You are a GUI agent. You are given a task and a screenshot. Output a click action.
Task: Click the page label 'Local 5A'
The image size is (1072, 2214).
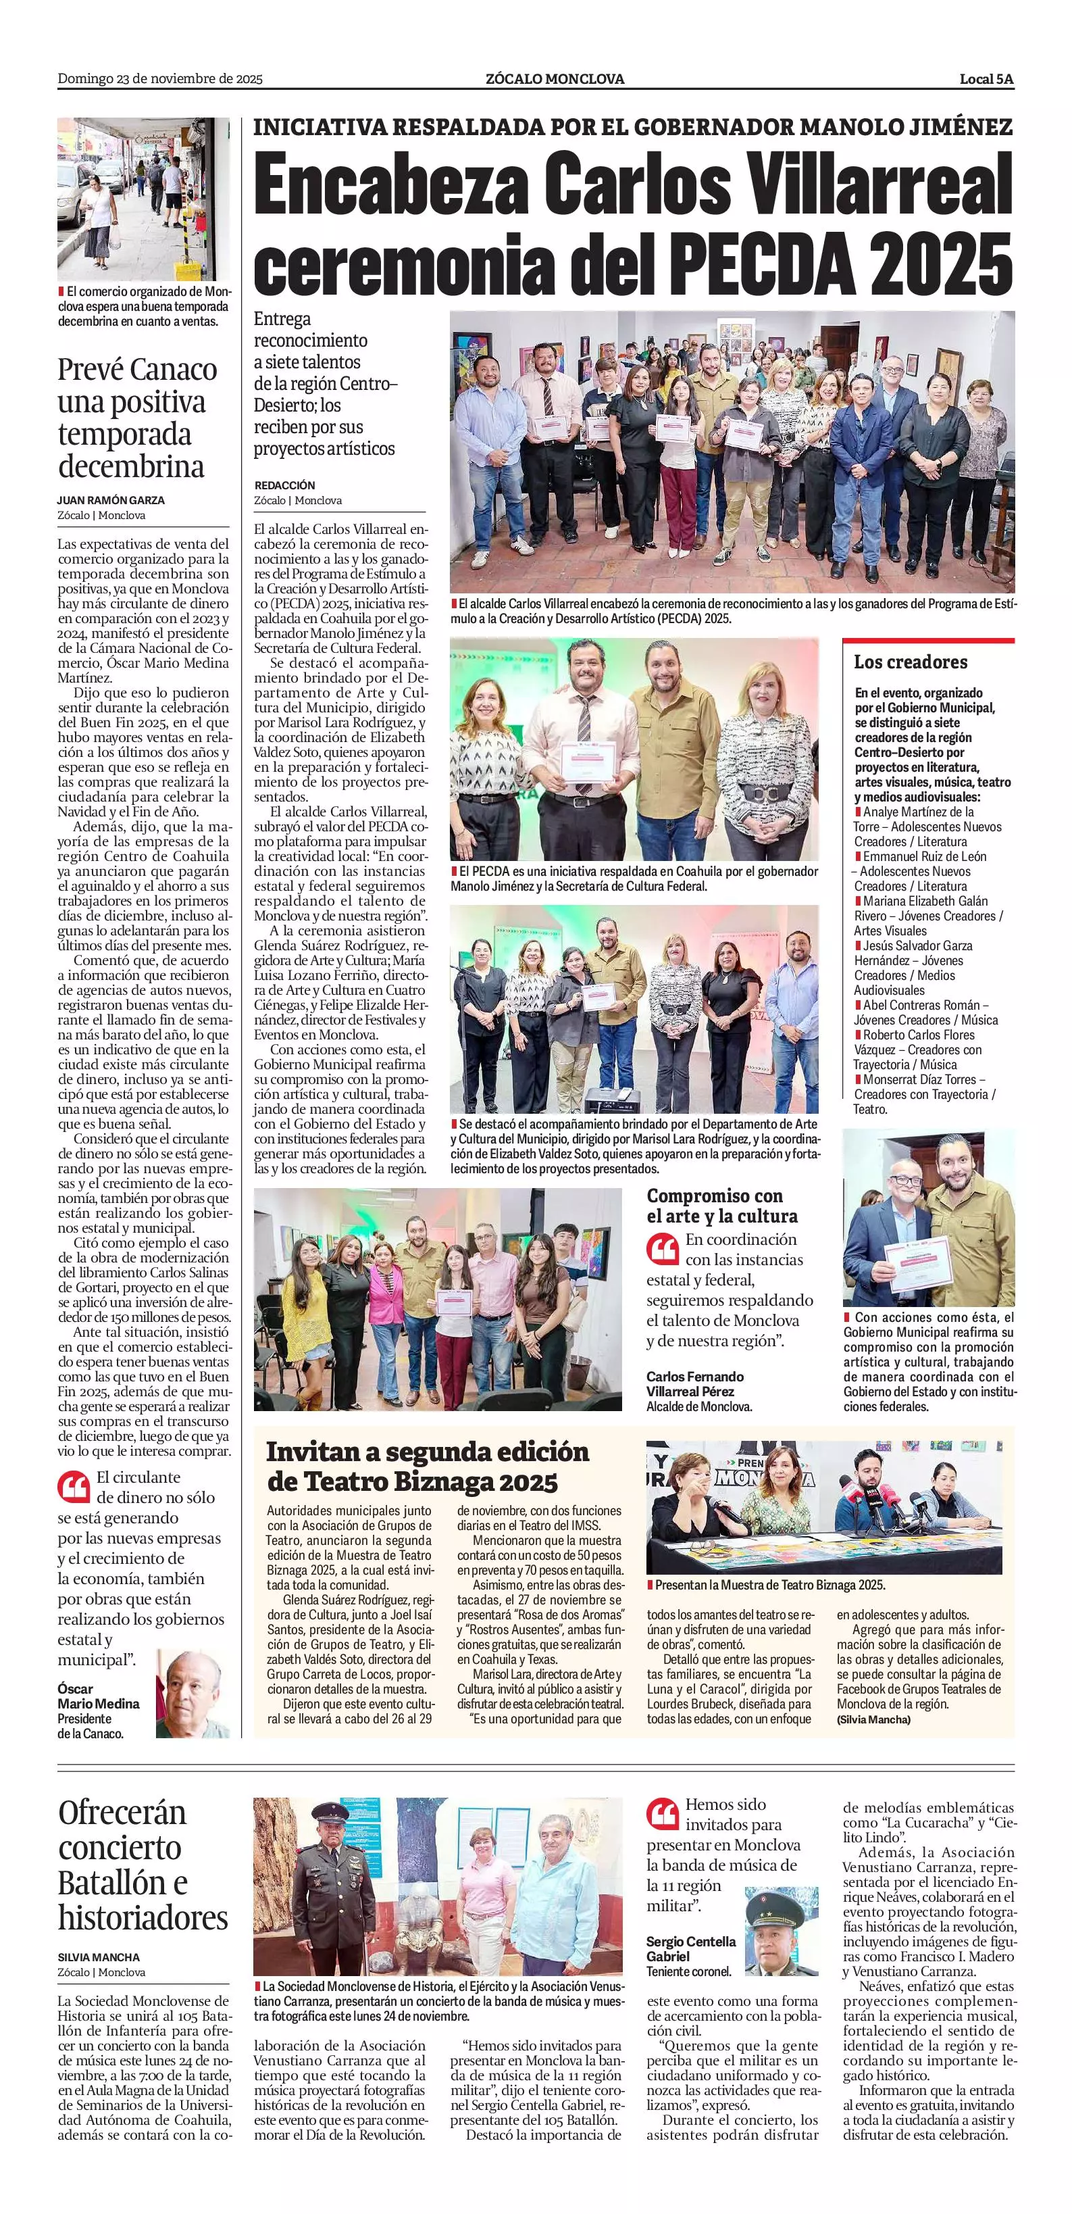(986, 79)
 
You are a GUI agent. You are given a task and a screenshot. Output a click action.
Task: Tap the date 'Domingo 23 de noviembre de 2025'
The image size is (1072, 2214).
(160, 79)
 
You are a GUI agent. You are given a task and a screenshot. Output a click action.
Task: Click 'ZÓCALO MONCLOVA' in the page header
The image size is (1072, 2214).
(554, 79)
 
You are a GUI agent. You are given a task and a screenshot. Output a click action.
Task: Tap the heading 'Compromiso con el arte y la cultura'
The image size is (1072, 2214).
(721, 1205)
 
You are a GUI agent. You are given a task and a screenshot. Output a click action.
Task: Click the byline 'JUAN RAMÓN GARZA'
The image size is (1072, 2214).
(111, 499)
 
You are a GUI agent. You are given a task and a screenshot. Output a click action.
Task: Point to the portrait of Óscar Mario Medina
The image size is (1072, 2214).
(193, 1693)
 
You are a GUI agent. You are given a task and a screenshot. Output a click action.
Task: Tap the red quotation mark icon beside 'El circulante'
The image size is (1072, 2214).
(73, 1485)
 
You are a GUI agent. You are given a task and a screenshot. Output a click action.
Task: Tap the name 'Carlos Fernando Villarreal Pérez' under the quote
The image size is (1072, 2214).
(695, 1383)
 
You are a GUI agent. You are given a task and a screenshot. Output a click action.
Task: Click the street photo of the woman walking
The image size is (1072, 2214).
(143, 199)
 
